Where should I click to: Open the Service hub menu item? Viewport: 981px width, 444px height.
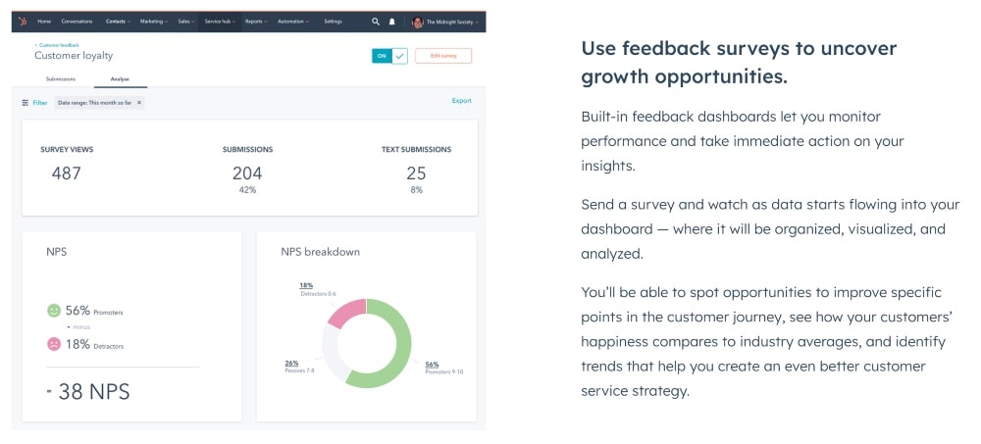[219, 21]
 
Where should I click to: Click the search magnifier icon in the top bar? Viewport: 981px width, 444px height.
[375, 21]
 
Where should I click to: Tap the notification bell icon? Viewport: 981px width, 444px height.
[392, 21]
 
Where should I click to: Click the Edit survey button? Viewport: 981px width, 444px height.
[442, 56]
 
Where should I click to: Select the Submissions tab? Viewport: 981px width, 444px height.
[61, 78]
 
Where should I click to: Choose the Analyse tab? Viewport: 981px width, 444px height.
[120, 78]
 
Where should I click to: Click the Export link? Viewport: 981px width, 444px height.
[461, 101]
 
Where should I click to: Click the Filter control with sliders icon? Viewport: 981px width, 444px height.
[34, 102]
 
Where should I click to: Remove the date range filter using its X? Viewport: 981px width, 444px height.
[138, 102]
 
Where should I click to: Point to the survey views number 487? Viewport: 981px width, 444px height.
[66, 173]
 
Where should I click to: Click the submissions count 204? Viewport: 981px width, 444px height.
[247, 173]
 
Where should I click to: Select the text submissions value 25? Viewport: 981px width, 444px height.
[416, 173]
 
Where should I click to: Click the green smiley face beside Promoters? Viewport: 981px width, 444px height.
[54, 311]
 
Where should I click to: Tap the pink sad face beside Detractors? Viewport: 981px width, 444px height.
[54, 344]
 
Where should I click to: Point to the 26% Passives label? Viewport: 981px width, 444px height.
[291, 363]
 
